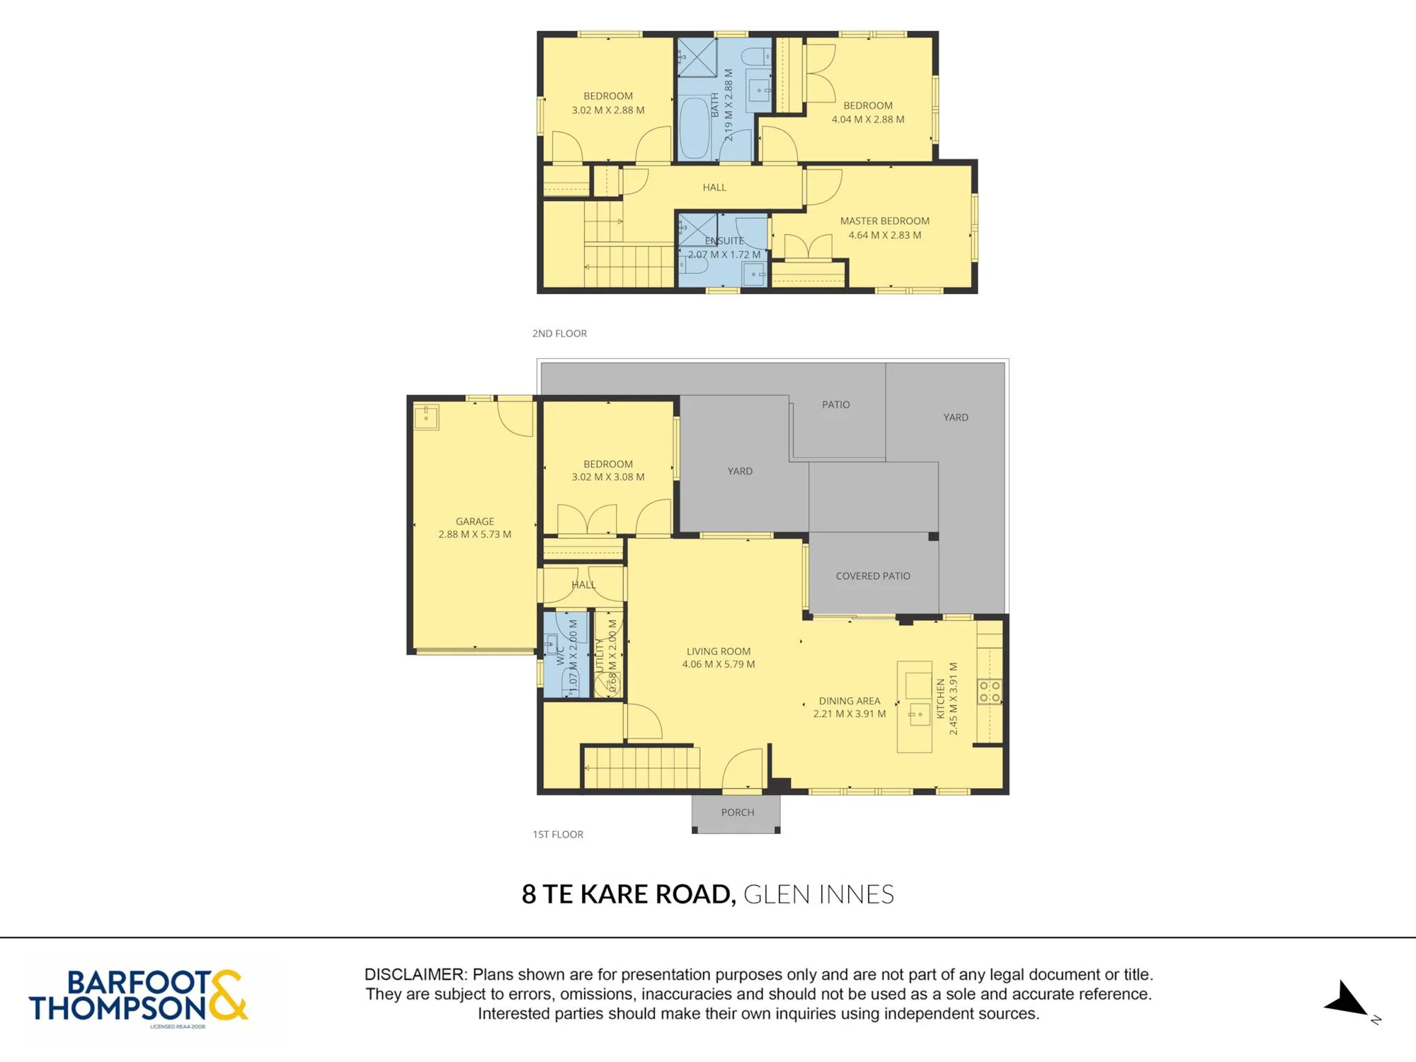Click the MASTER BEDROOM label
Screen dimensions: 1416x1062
pos(884,221)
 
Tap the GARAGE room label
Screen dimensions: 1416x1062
pos(474,521)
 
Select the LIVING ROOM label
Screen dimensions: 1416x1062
pos(718,651)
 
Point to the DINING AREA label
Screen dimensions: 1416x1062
pos(849,701)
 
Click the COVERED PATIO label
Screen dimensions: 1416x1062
pos(873,576)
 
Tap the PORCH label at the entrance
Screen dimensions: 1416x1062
pos(737,812)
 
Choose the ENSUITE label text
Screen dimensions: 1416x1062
pos(724,241)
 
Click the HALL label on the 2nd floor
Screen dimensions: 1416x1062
pos(714,187)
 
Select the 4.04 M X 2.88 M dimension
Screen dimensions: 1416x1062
pos(867,119)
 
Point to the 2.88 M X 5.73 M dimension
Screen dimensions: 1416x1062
pos(474,534)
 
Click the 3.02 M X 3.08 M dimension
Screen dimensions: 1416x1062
pos(607,476)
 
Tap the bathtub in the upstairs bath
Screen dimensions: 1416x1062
pos(695,128)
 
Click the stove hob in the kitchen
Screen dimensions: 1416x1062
pos(989,692)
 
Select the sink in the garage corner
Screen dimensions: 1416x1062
pos(426,417)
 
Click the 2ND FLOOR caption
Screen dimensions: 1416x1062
pos(559,333)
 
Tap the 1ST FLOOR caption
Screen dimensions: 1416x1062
pos(558,834)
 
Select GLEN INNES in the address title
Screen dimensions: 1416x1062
pos(818,894)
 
